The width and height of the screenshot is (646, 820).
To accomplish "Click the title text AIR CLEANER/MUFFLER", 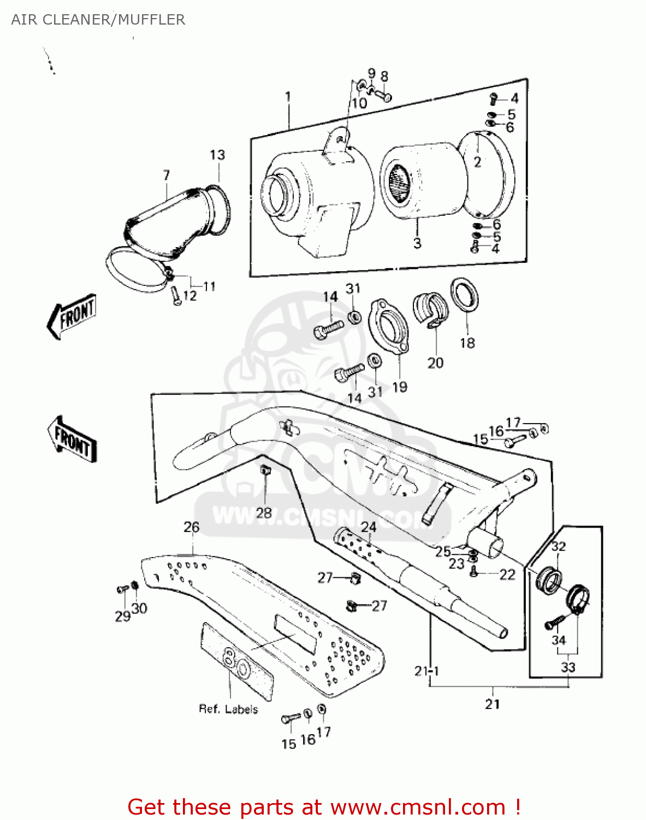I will coord(98,20).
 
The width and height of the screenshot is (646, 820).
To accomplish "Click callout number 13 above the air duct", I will coord(217,155).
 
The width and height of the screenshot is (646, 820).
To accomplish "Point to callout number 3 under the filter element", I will coord(417,243).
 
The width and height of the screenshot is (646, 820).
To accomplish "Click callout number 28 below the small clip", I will coord(264,513).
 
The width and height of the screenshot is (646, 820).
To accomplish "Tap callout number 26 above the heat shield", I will coord(192,527).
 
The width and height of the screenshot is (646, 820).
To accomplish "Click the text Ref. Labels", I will coord(228,709).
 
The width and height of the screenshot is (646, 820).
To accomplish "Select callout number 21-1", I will coord(426,671).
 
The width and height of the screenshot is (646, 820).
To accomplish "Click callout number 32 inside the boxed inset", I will coord(558,546).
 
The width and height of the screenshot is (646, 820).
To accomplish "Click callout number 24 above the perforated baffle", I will coord(369,527).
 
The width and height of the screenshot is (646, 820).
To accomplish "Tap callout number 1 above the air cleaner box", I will coord(288,97).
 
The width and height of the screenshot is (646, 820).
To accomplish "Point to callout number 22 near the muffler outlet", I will coord(507,575).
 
